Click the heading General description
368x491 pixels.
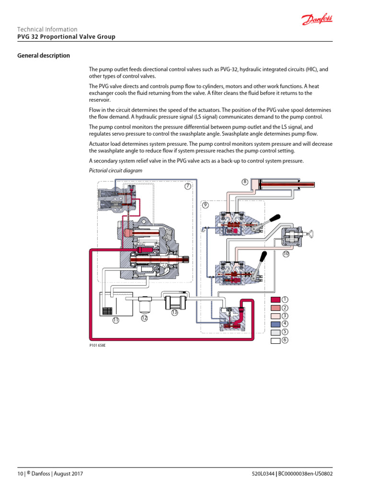tap(44, 56)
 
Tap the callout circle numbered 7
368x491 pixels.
tap(188, 186)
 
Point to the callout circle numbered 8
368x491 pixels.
tap(244, 182)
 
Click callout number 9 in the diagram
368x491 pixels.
tap(206, 205)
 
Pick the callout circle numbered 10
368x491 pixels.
tap(286, 254)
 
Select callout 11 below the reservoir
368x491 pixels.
tap(115, 320)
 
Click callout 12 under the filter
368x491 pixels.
tap(144, 317)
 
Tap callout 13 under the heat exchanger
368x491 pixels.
tap(174, 313)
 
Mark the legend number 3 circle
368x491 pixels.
tap(285, 316)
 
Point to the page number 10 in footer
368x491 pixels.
tap(20, 474)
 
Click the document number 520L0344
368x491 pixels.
tap(263, 474)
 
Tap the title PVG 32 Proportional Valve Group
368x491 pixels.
tap(66, 37)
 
